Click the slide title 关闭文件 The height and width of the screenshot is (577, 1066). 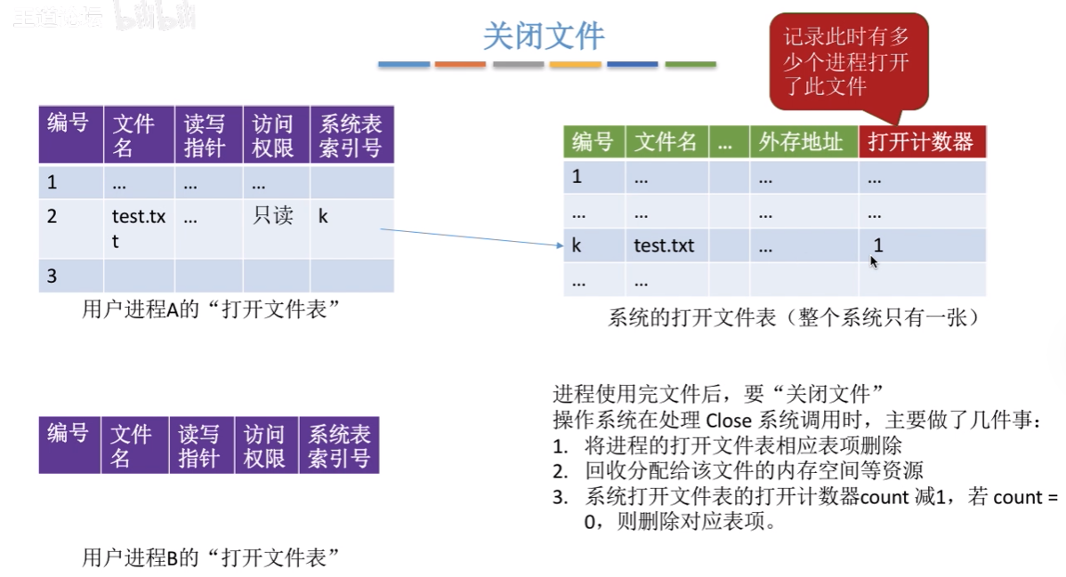pos(544,36)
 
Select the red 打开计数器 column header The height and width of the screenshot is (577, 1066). pos(921,142)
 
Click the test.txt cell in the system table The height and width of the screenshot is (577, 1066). pos(663,245)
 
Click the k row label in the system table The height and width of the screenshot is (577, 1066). pos(577,245)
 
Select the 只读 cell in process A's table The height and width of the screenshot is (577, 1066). pos(273,216)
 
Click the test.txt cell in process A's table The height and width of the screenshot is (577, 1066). pos(138,228)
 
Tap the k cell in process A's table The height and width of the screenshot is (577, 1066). pos(323,216)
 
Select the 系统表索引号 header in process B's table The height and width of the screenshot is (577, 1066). pos(338,445)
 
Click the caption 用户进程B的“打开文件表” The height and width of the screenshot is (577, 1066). pos(212,557)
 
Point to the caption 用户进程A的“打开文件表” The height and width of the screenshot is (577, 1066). pos(212,309)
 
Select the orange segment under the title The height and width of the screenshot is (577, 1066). pos(460,64)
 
